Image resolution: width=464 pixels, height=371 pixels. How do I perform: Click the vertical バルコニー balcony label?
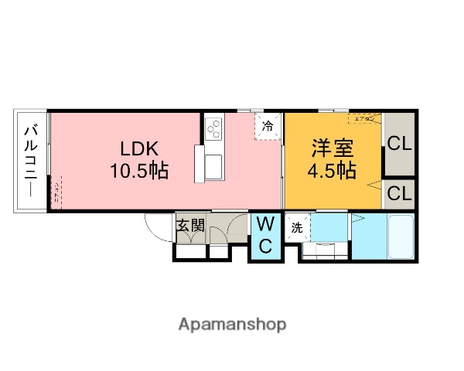point(31,162)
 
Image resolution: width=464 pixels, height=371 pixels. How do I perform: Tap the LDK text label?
point(138,147)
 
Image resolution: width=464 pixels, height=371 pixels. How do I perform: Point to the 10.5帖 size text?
point(138,169)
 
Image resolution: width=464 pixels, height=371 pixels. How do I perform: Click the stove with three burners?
point(214,124)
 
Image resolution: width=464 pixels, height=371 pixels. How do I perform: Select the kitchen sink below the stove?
point(213,165)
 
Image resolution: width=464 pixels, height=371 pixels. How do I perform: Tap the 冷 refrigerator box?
point(268,125)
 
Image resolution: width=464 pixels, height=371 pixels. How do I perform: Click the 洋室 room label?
point(333,147)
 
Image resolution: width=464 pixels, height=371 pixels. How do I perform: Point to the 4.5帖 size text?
point(333,170)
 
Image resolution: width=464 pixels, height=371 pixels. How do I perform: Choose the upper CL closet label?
point(400,144)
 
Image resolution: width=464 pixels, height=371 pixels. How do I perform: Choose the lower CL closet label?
point(400,192)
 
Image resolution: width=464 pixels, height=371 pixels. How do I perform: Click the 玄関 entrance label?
point(189,226)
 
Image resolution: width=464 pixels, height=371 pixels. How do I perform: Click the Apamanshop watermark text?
point(232,324)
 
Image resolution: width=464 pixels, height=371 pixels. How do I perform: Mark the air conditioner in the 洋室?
point(364,119)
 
